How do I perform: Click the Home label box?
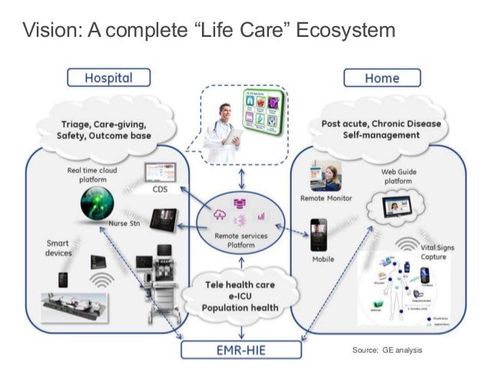click(x=382, y=78)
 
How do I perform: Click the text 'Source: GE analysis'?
click(x=387, y=350)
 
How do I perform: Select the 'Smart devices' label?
click(x=59, y=248)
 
